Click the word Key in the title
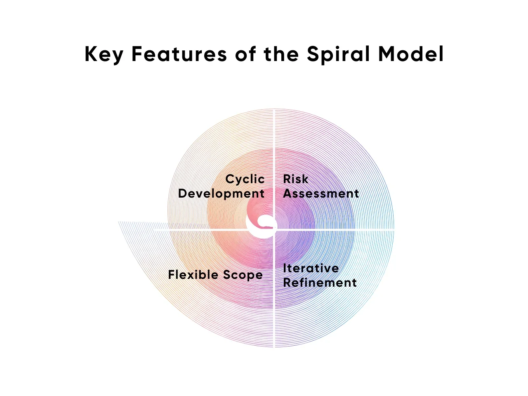[x=103, y=54]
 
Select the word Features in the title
[x=179, y=54]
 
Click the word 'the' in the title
[x=281, y=54]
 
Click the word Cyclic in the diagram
[x=245, y=179]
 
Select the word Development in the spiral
[x=221, y=193]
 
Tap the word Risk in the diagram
[x=295, y=179]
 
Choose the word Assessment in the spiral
[x=321, y=193]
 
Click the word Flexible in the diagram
[x=193, y=275]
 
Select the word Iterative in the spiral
[x=311, y=268]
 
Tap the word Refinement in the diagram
[x=320, y=283]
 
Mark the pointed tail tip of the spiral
[x=119, y=222]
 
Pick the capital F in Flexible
[x=172, y=275]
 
